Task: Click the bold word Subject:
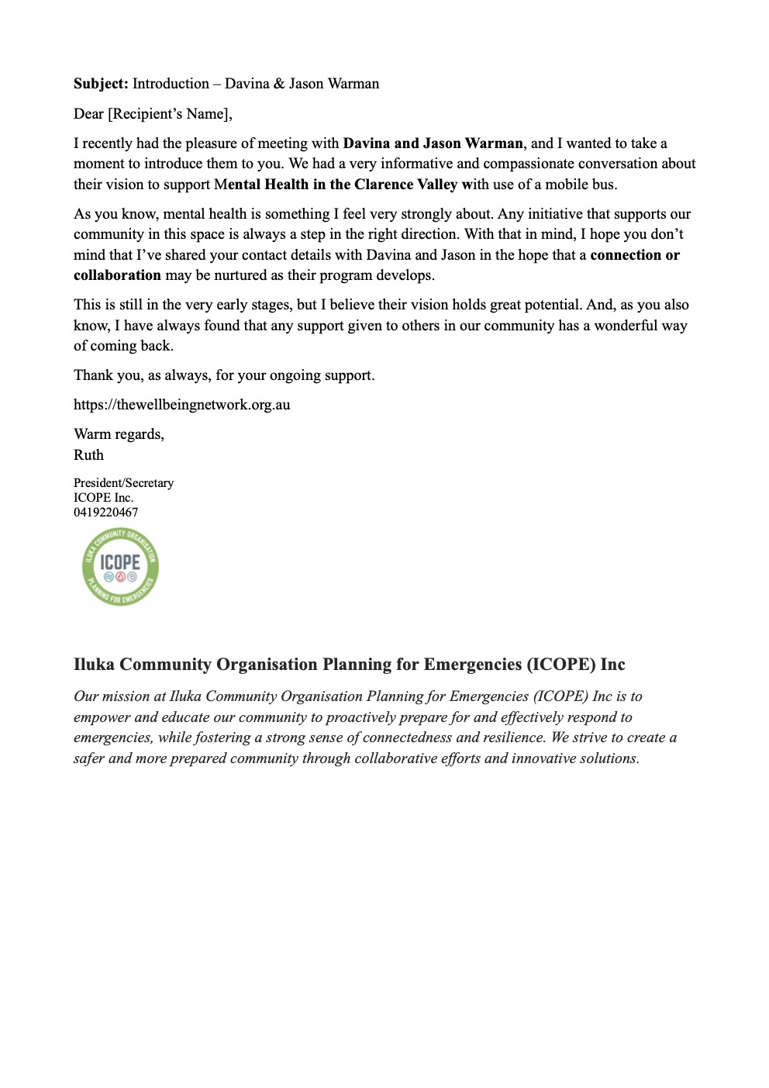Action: click(101, 84)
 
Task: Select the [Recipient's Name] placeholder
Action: click(170, 114)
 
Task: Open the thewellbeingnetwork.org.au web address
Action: click(182, 405)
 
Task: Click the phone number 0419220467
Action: click(106, 513)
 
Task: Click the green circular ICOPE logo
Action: click(120, 567)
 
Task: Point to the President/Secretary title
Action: click(124, 483)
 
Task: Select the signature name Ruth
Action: click(88, 455)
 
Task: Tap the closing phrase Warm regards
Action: click(119, 434)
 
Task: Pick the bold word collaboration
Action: click(117, 275)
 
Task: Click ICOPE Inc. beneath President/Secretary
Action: click(103, 498)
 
